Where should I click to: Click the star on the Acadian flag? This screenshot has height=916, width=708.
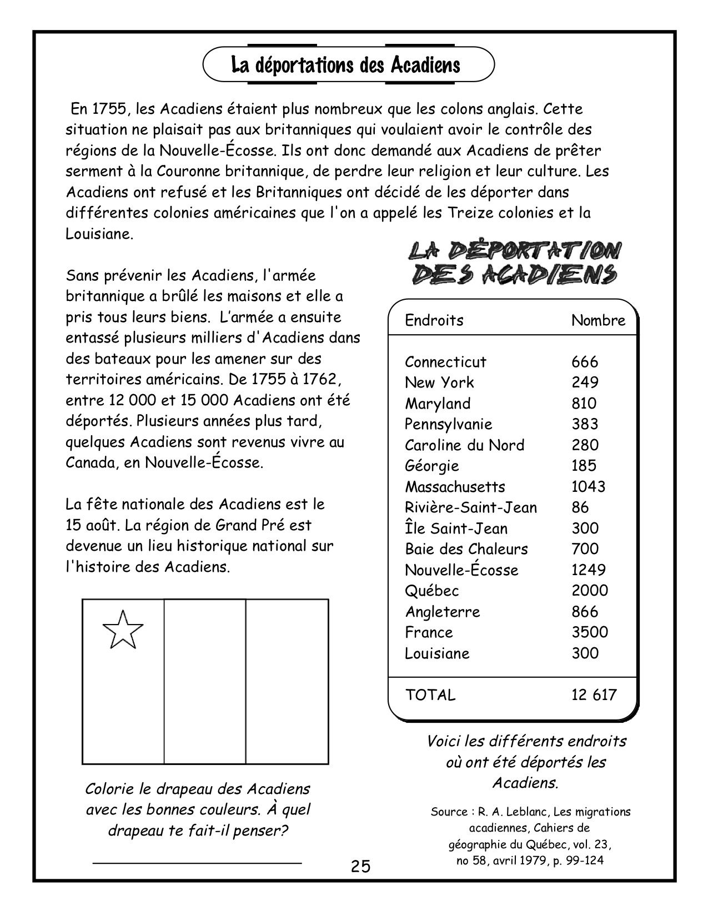tap(123, 630)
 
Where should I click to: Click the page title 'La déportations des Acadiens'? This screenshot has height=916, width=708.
tap(345, 65)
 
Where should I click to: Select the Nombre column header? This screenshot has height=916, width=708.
tap(598, 320)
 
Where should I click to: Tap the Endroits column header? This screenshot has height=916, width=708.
tap(434, 320)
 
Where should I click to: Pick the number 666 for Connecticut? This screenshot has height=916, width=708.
tap(585, 362)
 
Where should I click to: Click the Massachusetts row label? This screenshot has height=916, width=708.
tap(455, 487)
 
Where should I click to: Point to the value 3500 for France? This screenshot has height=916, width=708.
tap(590, 632)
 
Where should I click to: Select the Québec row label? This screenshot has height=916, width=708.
tap(431, 591)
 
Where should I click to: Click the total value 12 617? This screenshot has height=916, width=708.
tap(594, 694)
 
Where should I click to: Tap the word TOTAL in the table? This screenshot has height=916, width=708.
tap(430, 694)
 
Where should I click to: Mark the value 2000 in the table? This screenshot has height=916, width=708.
tap(590, 591)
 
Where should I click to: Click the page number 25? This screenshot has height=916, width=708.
tap(360, 866)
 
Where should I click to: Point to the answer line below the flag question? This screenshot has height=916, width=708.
tap(197, 863)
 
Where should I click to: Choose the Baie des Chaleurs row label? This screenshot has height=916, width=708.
tap(466, 549)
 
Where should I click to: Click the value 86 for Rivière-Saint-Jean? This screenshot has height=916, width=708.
tap(580, 507)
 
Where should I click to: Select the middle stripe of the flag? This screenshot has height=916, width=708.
tap(205, 682)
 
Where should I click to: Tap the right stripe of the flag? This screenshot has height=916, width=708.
tap(287, 682)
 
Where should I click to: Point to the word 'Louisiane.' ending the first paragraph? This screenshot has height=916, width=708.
tap(99, 234)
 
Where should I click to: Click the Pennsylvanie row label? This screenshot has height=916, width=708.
tap(448, 424)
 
